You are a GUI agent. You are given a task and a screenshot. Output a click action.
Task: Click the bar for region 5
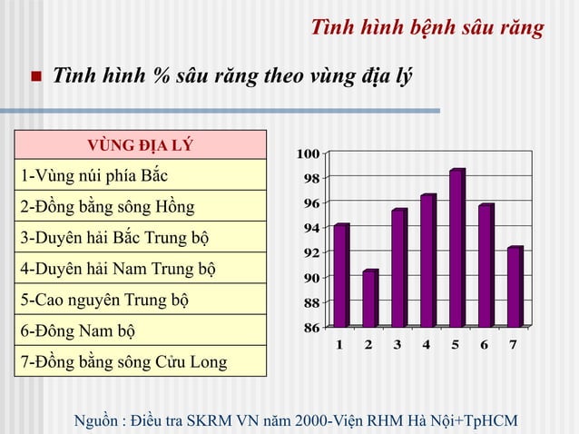point(456,248)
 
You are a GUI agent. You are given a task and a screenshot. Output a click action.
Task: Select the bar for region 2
point(369,299)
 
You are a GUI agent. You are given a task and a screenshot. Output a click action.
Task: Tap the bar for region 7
point(515,287)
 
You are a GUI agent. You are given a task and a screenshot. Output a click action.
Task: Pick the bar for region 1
point(340,275)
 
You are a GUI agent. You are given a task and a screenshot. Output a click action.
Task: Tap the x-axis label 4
point(427,345)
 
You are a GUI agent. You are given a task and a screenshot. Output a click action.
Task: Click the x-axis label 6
point(485,345)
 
